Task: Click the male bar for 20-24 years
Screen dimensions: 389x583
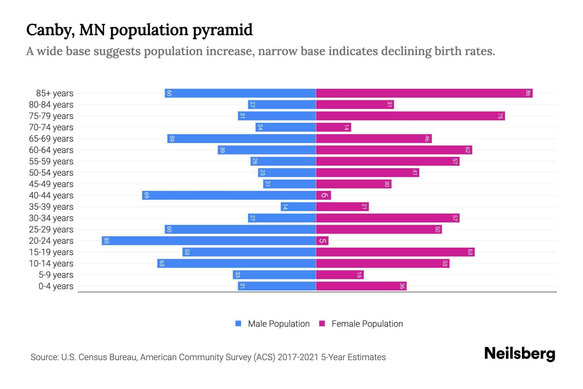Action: [x=209, y=241]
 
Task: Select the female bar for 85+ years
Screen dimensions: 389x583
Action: [x=424, y=93]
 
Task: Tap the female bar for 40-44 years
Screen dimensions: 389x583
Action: [x=323, y=195]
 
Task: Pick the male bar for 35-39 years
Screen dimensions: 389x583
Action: [x=298, y=206]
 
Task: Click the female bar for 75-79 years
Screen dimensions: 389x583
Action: [x=410, y=116]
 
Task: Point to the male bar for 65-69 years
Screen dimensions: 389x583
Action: [x=241, y=138]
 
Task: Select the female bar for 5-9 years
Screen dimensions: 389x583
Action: [x=340, y=275]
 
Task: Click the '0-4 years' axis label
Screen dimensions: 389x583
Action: [x=56, y=286]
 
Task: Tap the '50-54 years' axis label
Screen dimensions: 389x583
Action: [x=51, y=173]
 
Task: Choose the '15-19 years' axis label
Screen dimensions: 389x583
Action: [x=51, y=252]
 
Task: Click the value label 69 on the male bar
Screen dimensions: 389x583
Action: [x=146, y=195]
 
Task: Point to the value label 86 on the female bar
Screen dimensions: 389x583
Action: [x=528, y=93]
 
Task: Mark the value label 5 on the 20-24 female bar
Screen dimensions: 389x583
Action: [x=322, y=241]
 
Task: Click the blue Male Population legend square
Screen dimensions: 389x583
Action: [x=238, y=324]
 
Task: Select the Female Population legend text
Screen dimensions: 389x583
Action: [x=367, y=324]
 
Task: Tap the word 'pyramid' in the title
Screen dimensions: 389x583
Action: [x=223, y=30]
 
